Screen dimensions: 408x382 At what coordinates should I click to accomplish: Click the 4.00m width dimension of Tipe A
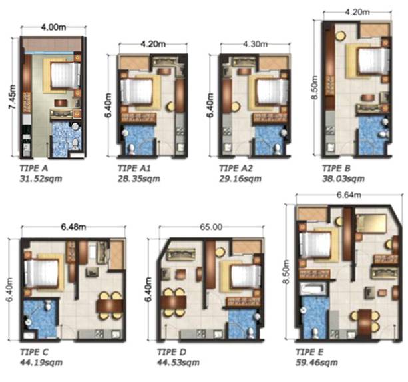point(53,27)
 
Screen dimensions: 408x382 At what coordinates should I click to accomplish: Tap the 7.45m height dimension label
point(12,97)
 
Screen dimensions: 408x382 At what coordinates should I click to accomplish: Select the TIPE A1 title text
point(134,168)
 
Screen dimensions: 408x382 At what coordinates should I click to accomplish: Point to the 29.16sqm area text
point(240,179)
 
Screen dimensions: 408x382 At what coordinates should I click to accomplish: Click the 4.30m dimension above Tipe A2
point(255,44)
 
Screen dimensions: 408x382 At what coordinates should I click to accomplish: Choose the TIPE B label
point(336,168)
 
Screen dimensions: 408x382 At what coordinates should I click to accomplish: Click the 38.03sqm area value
point(343,179)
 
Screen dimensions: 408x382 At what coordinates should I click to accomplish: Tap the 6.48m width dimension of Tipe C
point(73,227)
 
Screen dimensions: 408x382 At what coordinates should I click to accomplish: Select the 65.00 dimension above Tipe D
point(211,227)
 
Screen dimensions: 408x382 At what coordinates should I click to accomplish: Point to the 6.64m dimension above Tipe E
point(349,195)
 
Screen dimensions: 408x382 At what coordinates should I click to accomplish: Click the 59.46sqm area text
point(317,363)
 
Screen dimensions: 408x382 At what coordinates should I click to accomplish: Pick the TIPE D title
point(172,352)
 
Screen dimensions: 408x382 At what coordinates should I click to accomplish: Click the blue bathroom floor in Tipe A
point(64,139)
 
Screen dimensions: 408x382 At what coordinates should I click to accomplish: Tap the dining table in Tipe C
point(110,305)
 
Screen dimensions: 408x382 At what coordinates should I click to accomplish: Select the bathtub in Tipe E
point(313,289)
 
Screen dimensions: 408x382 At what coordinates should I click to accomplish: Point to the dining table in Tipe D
point(173,302)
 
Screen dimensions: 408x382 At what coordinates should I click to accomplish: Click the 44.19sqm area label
point(41,363)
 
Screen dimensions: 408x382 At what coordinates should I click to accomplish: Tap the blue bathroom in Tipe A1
point(140,140)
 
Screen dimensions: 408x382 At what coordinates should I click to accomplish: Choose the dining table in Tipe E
point(365,322)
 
